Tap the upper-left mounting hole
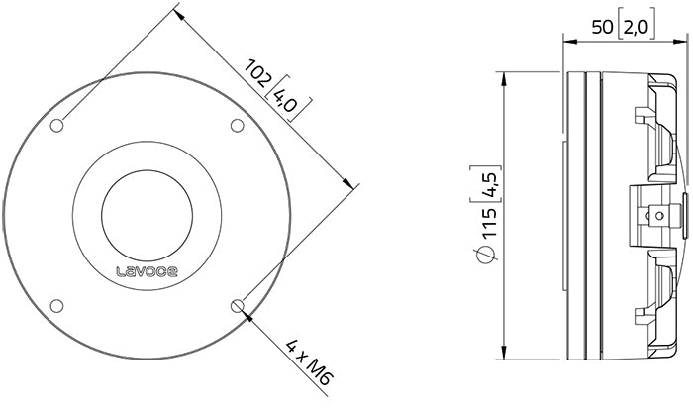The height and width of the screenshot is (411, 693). coord(56,125)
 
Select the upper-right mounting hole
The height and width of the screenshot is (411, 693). coord(237,125)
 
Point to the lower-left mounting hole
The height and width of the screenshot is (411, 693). coord(56,305)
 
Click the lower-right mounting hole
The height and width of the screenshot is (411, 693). coord(237,305)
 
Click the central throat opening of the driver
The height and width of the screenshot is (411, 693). coord(147,215)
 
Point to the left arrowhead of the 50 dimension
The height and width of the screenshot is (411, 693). coord(566,42)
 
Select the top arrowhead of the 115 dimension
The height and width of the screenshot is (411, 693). coord(504,75)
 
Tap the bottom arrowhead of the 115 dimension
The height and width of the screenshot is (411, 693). coord(504,357)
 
